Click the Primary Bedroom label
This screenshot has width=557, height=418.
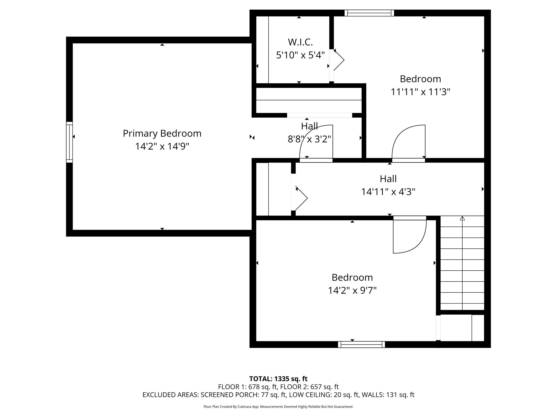click(x=162, y=133)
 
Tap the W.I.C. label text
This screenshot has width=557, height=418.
click(x=300, y=42)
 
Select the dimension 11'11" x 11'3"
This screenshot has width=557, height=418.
click(x=420, y=92)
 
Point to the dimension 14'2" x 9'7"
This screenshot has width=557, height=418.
click(x=352, y=290)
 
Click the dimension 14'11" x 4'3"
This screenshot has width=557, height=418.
click(x=388, y=192)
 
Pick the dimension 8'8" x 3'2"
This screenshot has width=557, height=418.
click(x=309, y=139)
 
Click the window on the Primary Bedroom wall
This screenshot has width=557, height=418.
click(x=69, y=142)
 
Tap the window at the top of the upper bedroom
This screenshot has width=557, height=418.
click(x=369, y=13)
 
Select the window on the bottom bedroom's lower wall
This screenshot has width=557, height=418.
click(x=361, y=344)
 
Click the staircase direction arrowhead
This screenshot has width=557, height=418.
click(x=462, y=218)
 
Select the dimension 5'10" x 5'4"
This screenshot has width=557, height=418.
click(x=300, y=55)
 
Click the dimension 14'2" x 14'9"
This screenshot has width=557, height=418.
click(x=162, y=146)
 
